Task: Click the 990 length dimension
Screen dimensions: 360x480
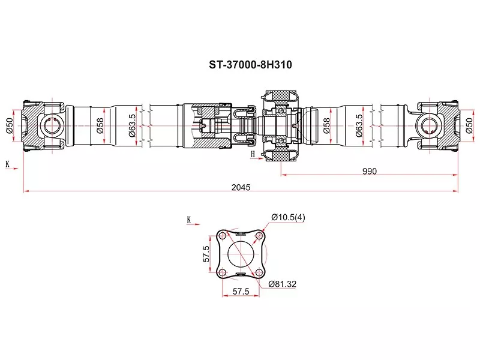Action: [x=369, y=171]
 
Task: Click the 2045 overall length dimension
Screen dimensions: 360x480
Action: [x=241, y=187]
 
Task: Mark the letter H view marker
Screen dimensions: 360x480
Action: [x=253, y=154]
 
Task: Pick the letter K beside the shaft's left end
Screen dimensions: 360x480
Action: [x=8, y=164]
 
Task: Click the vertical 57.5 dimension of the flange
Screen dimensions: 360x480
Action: [x=206, y=254]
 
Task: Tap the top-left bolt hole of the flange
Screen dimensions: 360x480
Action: [x=223, y=236]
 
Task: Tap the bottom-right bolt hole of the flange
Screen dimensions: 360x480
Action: [x=259, y=273]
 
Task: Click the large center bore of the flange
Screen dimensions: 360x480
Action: [x=241, y=254]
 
